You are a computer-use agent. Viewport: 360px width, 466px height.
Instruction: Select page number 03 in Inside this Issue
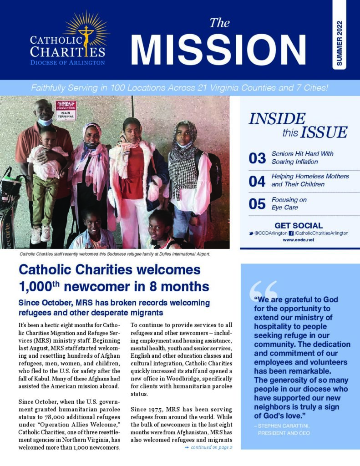pos(257,158)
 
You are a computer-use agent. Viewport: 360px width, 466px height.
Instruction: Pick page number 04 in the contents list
pos(257,181)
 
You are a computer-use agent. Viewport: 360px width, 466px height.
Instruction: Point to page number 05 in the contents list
pos(257,204)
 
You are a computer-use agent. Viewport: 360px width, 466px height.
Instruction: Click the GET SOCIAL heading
pos(299,225)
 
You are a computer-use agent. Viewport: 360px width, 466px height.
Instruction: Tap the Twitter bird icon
pos(252,233)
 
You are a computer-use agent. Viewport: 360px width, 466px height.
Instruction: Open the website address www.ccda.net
pos(298,240)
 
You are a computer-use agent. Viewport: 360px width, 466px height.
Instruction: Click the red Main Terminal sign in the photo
pos(66,110)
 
